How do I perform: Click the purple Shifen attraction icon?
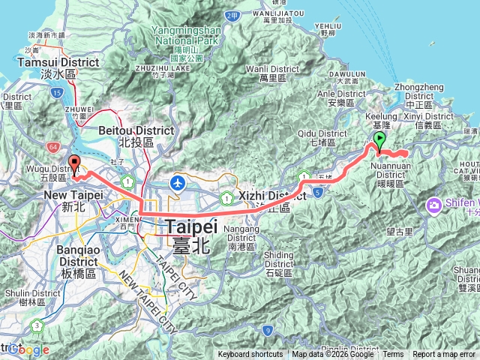[434, 205]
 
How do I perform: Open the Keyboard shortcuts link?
[250, 355]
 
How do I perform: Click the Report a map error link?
[444, 355]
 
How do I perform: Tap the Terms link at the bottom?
[393, 355]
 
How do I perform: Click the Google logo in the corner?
[28, 349]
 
